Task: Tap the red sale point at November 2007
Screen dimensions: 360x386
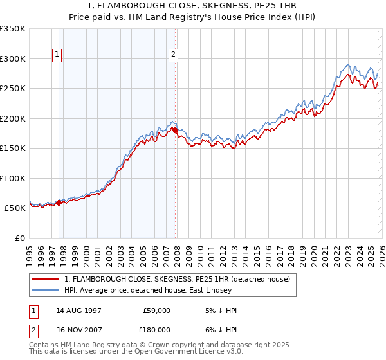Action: (176, 130)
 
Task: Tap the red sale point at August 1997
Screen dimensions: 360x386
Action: (59, 203)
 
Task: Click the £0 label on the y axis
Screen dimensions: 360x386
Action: (20, 238)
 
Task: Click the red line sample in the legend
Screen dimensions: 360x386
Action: (46, 279)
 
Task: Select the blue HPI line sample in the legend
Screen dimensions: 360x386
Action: (46, 291)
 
